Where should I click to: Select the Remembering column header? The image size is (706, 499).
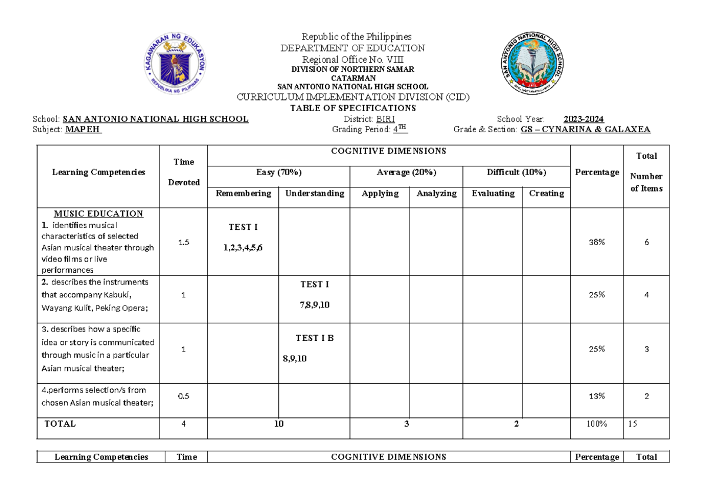tap(243, 193)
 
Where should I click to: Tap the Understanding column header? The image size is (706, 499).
tap(314, 193)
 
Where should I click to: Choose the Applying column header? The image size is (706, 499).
tap(380, 193)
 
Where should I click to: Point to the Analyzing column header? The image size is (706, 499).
tap(436, 193)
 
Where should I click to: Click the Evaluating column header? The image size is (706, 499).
tap(492, 193)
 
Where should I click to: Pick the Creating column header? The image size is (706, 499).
tap(546, 193)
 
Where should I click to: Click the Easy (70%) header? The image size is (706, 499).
tap(278, 172)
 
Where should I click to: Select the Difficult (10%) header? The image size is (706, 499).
tap(516, 172)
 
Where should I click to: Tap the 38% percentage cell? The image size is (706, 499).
tap(597, 242)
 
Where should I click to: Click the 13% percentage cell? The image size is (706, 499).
tap(597, 396)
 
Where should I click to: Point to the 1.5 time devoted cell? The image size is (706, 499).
tap(184, 242)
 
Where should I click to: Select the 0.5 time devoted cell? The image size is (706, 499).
tap(184, 396)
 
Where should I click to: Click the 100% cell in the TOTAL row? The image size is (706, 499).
tap(597, 424)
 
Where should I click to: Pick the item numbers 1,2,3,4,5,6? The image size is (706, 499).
tap(243, 247)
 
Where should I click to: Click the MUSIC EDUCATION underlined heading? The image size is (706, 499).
tap(98, 214)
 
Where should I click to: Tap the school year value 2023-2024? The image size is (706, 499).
tap(583, 119)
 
